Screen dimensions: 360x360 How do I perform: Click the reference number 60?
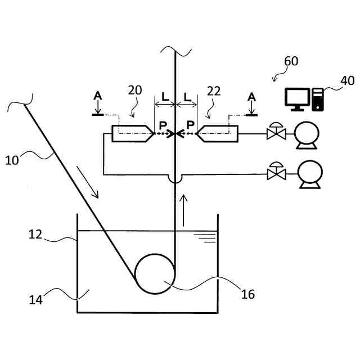click(x=291, y=61)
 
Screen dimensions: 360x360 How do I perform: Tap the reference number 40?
click(x=347, y=80)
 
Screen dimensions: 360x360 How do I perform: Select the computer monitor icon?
click(x=296, y=99)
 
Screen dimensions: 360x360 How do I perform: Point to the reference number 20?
click(x=134, y=91)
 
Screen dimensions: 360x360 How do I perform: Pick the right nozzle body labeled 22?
click(x=219, y=134)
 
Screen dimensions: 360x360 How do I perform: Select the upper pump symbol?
click(x=308, y=135)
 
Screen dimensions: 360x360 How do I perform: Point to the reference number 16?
click(x=247, y=294)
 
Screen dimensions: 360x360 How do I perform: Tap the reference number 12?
click(x=36, y=235)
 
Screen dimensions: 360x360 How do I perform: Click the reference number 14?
click(x=36, y=299)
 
